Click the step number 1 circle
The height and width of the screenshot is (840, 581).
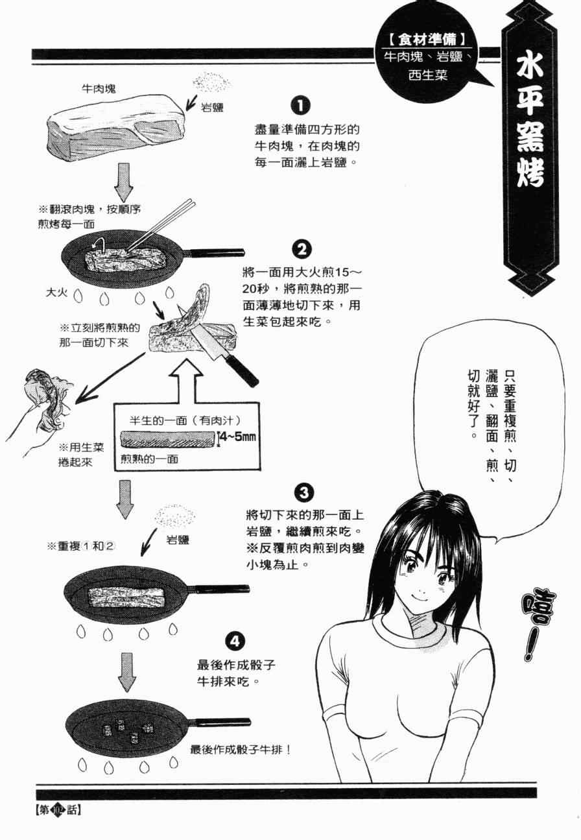coord(300,106)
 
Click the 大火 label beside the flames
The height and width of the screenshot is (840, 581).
coord(58,293)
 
